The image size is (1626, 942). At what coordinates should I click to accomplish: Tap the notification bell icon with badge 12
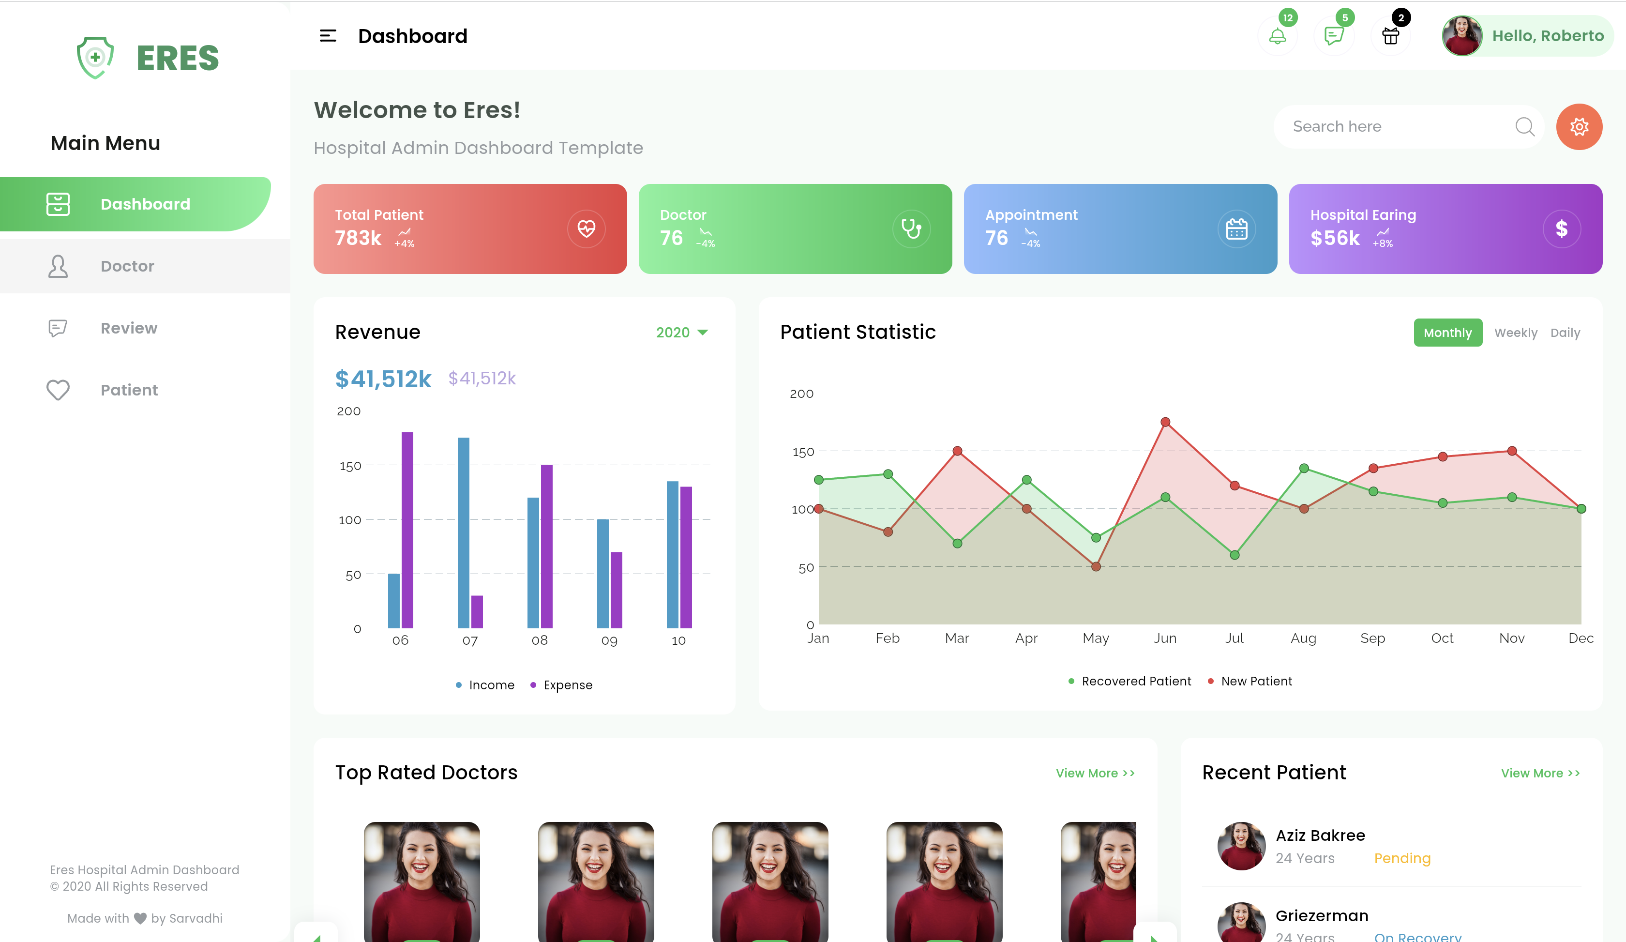click(1277, 36)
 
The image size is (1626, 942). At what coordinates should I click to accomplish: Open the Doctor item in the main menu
click(127, 266)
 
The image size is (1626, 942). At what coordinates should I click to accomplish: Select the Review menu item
click(128, 328)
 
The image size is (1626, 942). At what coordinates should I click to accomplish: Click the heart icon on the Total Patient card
click(586, 228)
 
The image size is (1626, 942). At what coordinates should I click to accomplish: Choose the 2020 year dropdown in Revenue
click(681, 332)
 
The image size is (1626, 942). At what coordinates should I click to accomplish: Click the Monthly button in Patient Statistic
click(1447, 332)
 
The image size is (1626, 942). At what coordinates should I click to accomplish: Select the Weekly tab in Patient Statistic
click(1515, 332)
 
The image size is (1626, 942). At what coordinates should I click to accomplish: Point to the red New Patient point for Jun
click(1165, 422)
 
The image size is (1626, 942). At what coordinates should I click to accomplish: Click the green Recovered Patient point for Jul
click(1234, 555)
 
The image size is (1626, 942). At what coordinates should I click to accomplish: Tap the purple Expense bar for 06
click(407, 529)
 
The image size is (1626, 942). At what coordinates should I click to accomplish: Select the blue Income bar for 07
click(463, 532)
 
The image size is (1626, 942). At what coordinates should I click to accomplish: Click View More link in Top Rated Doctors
click(1094, 773)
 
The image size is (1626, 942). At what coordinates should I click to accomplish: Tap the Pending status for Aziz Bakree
click(1401, 858)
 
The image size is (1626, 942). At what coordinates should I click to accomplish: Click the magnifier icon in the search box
click(1524, 126)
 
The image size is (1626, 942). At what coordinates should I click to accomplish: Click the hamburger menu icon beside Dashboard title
click(328, 36)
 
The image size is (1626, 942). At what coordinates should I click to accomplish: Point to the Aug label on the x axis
click(1303, 638)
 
